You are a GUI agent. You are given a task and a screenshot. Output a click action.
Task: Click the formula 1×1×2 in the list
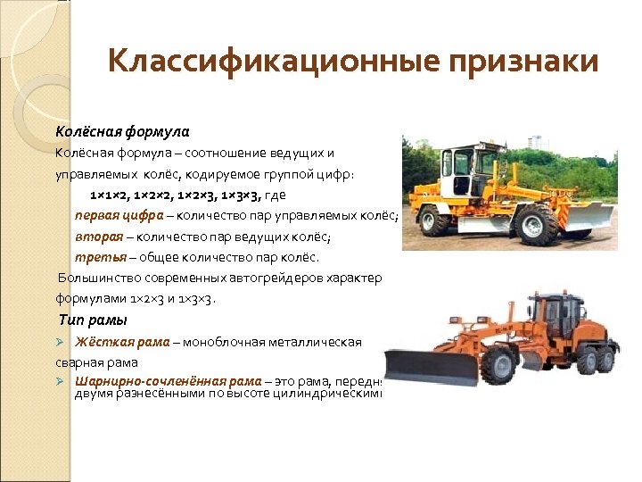coord(109,194)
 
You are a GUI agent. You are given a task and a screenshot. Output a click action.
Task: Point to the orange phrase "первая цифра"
coord(119,215)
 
